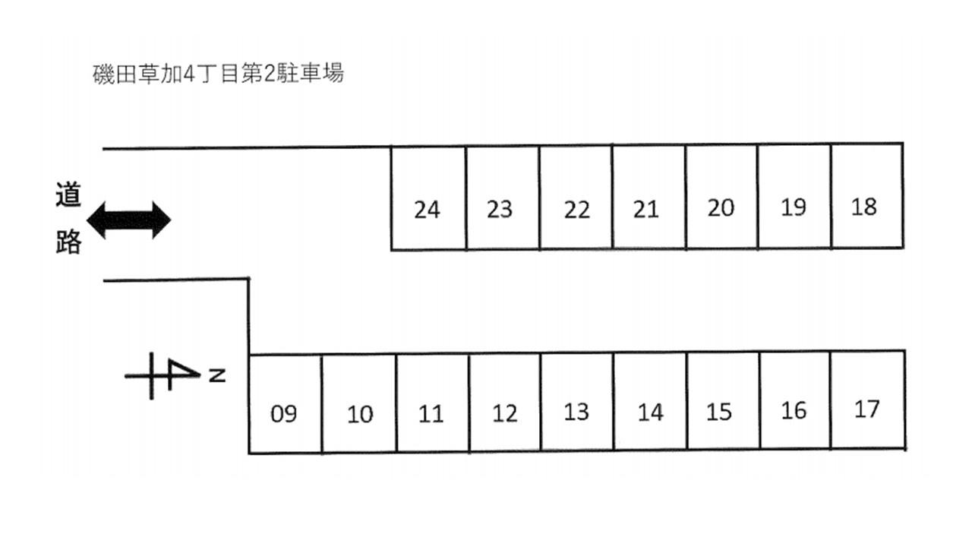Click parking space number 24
coord(428,198)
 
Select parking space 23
coord(502,198)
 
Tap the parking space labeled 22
coord(576,198)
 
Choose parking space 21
coord(649,197)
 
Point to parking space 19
coord(794,196)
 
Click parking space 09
coord(285,404)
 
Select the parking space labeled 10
coord(359,403)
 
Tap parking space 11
coord(432,403)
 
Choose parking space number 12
coord(505,403)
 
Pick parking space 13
coord(577,402)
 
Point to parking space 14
coord(650,402)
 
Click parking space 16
coord(795,400)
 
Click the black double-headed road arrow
coord(129,220)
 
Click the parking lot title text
coord(218,74)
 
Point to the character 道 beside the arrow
coord(68,196)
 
